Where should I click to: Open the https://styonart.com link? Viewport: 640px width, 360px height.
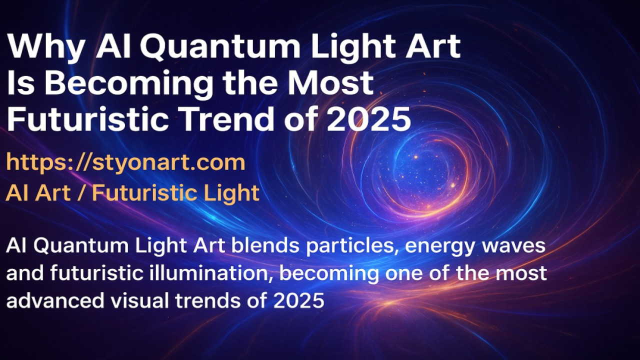125,162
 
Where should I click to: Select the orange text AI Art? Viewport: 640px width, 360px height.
38,193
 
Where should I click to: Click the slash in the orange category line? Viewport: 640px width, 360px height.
81,193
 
